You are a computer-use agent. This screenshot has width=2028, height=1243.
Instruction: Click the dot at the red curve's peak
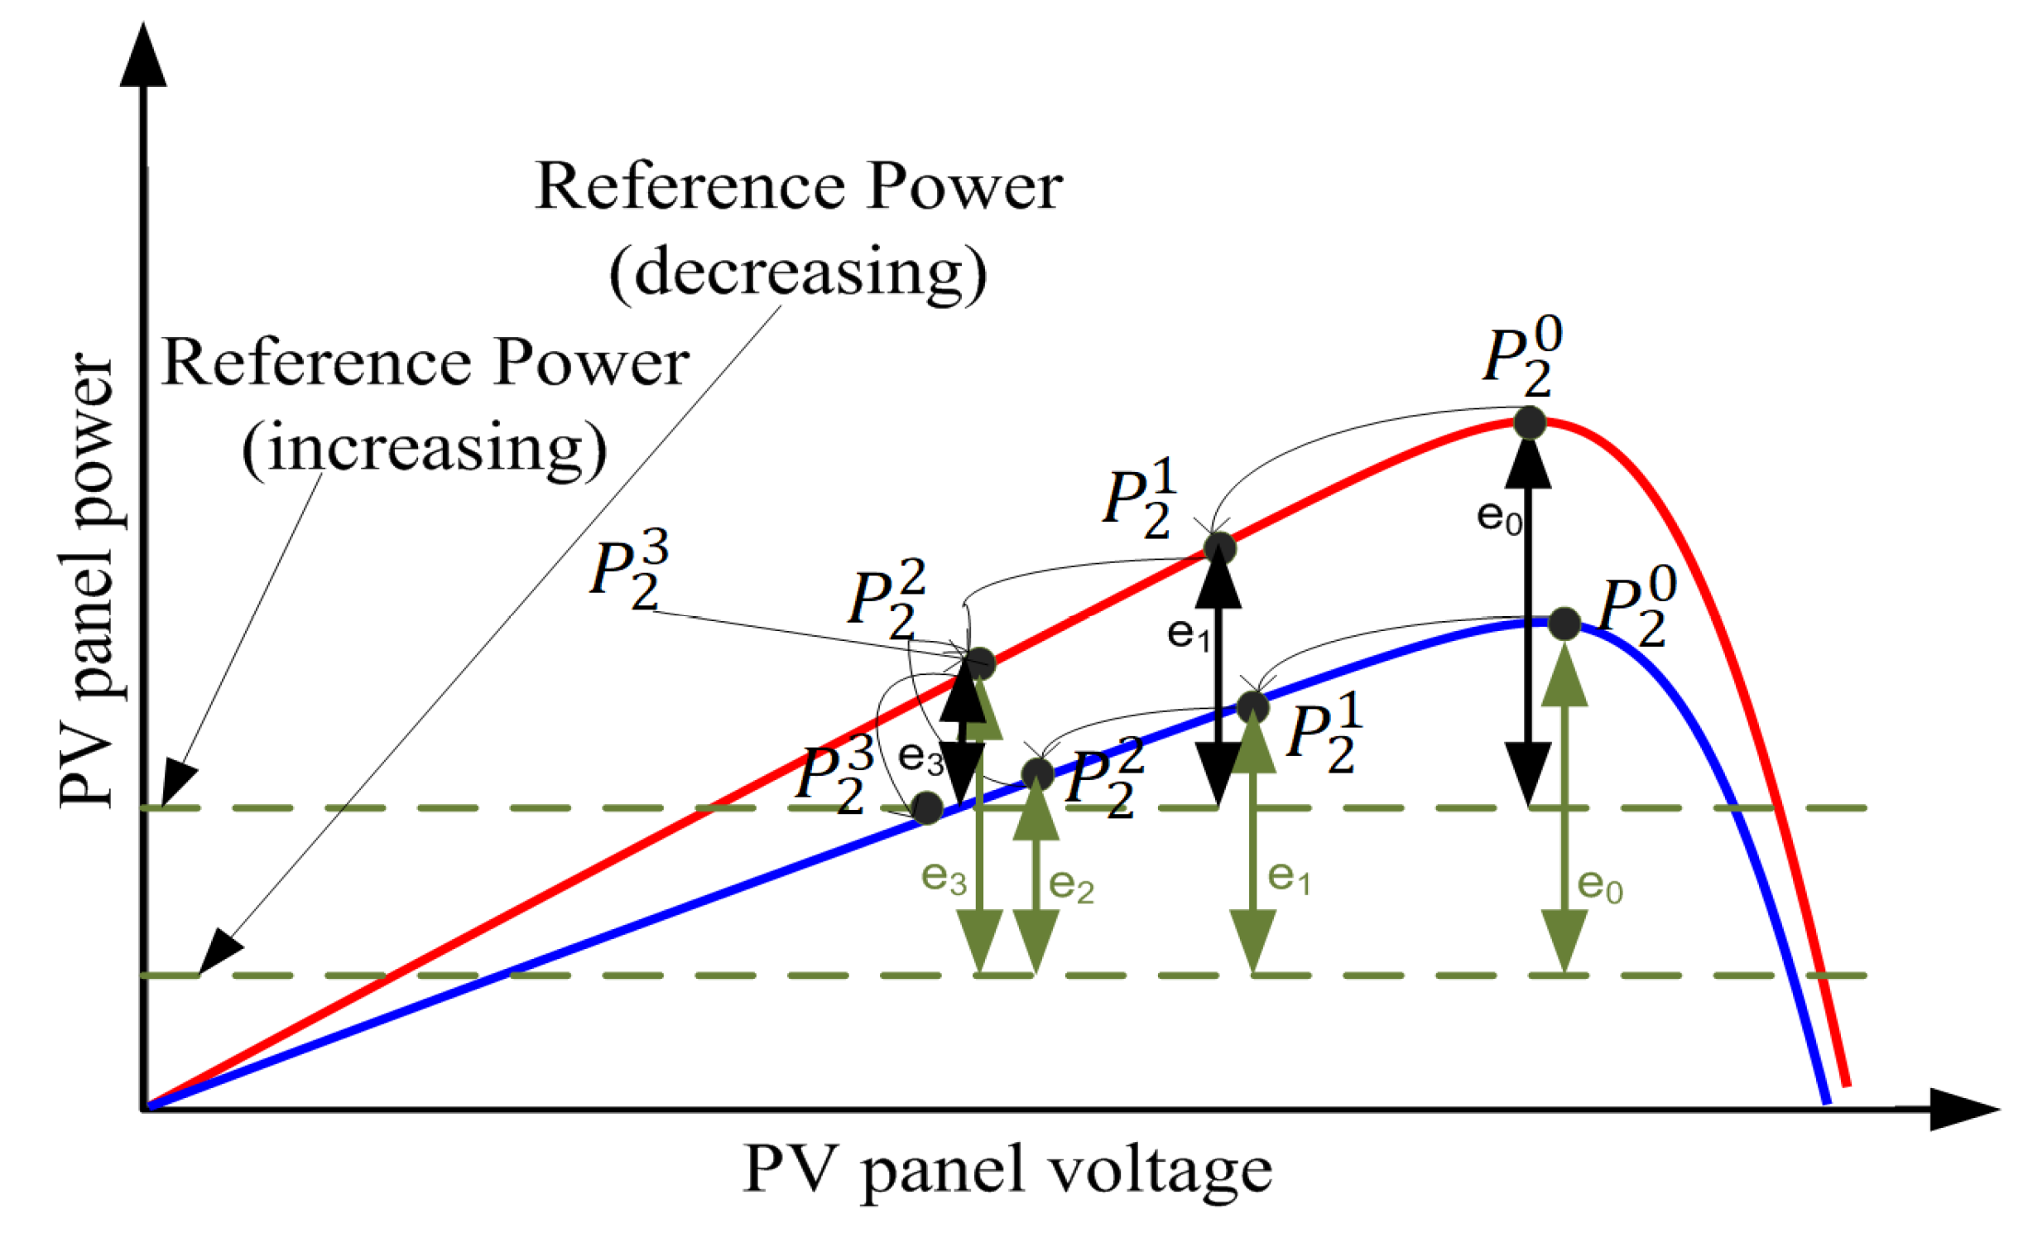[x=1530, y=422]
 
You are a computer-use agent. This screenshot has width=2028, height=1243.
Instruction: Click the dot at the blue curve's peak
[x=1564, y=624]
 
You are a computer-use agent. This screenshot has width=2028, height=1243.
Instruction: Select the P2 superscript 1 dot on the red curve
[x=1219, y=547]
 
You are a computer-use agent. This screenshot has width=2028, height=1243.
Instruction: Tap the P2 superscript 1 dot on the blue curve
[x=1252, y=706]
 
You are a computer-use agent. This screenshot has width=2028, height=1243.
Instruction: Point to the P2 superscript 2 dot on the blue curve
[x=1037, y=773]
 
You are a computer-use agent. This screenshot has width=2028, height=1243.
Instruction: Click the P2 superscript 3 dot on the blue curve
[x=927, y=807]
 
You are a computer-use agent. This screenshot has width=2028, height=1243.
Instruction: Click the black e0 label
[x=1499, y=518]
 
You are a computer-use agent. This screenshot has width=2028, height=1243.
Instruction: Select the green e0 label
[x=1599, y=885]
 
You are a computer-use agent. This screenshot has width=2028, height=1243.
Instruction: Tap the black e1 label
[x=1189, y=635]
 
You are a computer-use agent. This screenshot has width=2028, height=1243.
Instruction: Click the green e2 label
[x=1071, y=885]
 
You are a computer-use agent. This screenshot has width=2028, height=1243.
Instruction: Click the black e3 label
[x=920, y=757]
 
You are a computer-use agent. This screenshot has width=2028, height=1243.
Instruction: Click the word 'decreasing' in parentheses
[x=798, y=273]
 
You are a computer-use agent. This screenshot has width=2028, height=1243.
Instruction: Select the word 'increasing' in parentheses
[x=425, y=448]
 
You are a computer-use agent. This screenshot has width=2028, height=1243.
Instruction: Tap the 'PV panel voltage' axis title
[x=1007, y=1170]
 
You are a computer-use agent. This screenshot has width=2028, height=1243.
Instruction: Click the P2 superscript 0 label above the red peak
[x=1521, y=356]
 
